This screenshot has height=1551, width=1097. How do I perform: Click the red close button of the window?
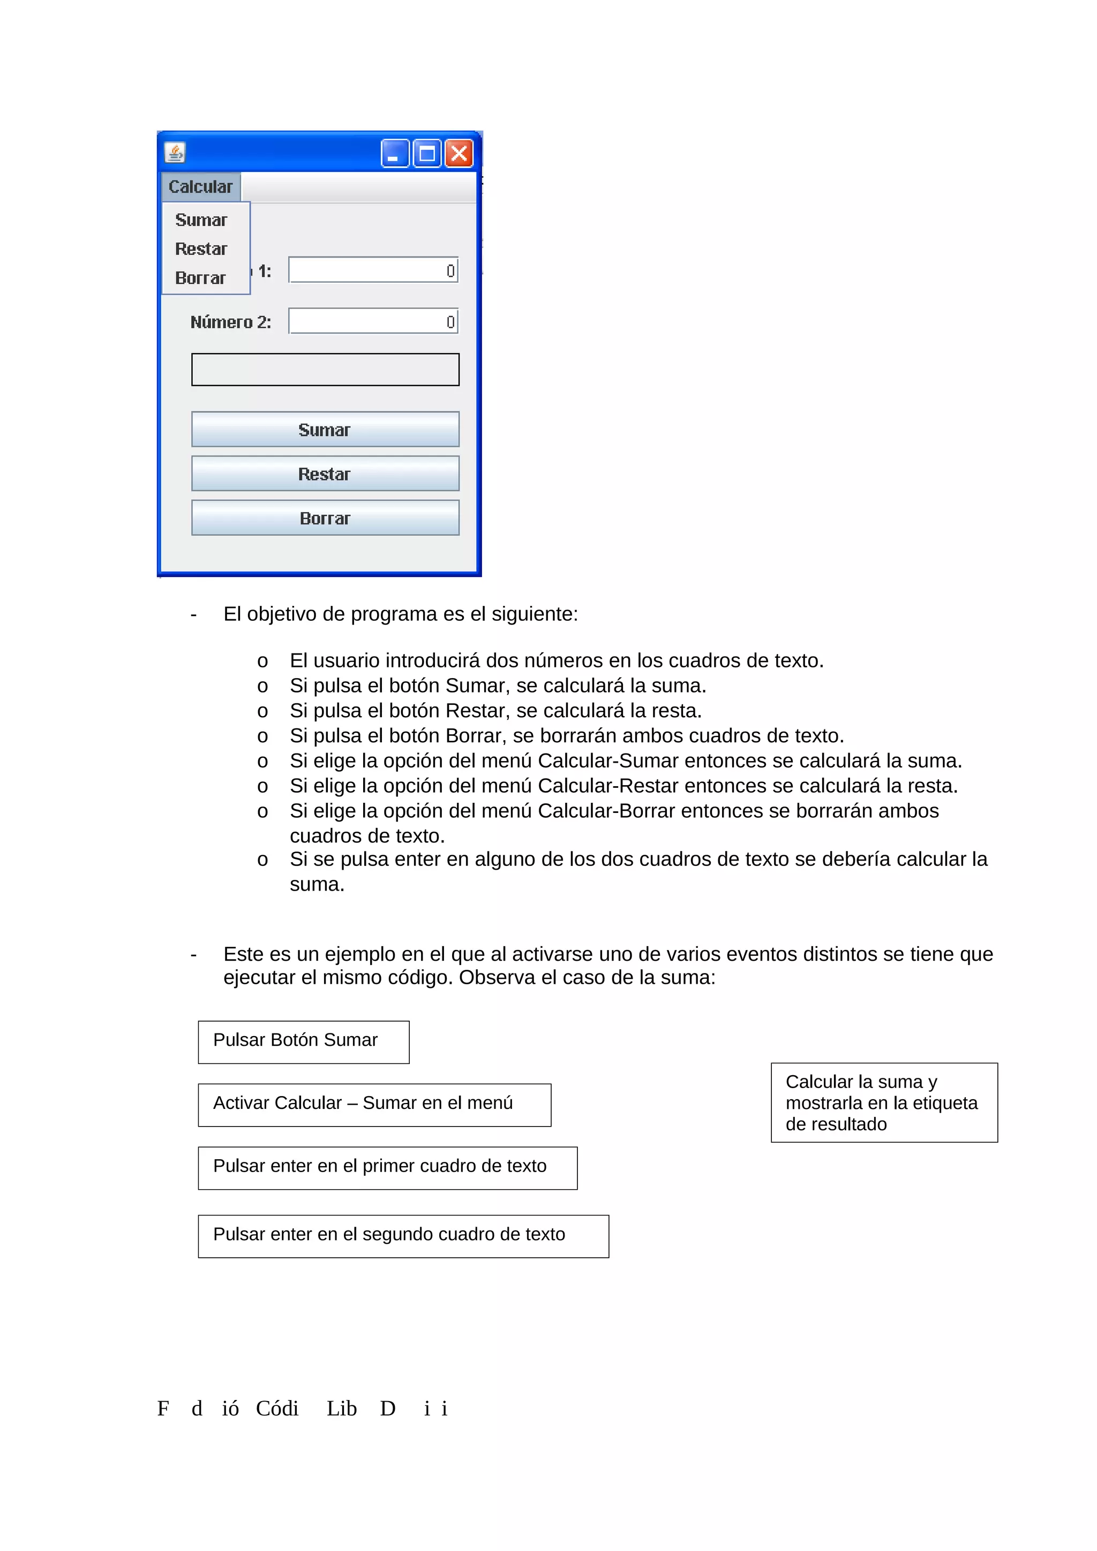point(459,154)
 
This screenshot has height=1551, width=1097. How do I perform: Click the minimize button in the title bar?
point(395,154)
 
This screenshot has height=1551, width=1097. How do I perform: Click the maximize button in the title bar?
point(426,154)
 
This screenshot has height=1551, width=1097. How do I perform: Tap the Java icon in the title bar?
point(175,153)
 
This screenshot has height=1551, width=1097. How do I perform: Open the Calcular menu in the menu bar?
point(201,186)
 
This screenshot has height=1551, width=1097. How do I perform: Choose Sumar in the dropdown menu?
point(201,220)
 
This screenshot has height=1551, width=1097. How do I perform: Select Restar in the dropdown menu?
point(201,249)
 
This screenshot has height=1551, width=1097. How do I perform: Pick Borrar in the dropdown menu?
point(201,278)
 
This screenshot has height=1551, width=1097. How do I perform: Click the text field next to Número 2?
point(373,322)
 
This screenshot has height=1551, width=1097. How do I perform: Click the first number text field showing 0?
point(373,270)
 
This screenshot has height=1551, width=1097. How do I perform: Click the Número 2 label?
point(230,322)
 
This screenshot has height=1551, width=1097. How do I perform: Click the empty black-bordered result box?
point(325,369)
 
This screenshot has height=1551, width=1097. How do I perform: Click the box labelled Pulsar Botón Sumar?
point(304,1041)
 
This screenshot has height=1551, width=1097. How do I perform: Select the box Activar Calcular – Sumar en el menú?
point(374,1105)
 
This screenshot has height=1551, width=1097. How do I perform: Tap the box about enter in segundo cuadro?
point(403,1236)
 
